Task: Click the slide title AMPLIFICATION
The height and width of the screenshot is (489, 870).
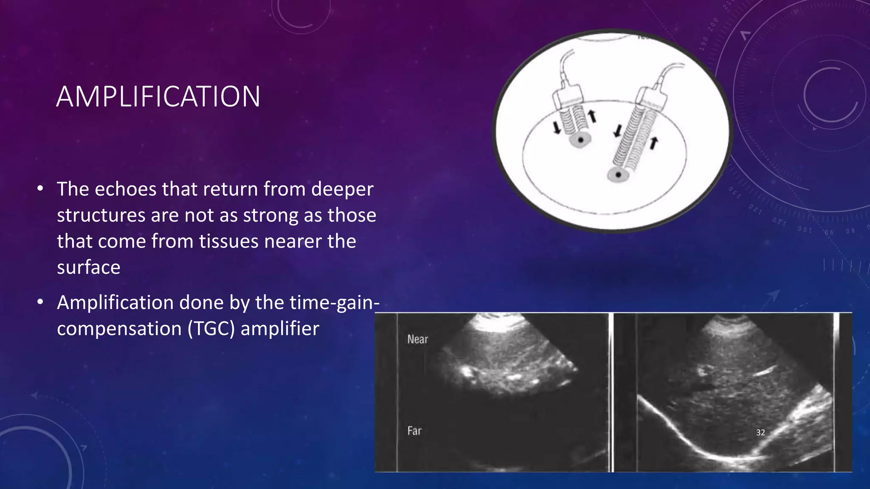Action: point(158,97)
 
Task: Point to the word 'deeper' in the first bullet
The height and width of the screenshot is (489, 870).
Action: point(342,189)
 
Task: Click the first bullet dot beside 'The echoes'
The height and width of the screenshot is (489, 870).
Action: point(40,188)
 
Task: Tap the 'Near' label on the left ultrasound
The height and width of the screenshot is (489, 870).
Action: point(417,339)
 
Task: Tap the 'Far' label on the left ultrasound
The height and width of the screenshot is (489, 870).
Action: point(414,431)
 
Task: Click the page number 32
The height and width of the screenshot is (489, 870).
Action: point(760,433)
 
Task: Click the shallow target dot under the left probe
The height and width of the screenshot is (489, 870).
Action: point(580,140)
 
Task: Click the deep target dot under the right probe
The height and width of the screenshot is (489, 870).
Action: point(619,174)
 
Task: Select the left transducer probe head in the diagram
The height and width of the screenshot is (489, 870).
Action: point(567,97)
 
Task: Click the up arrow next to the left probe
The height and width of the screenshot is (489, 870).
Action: point(592,116)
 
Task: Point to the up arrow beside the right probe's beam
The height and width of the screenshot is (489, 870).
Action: point(654,143)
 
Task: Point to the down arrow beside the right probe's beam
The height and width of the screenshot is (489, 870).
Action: point(618,131)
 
